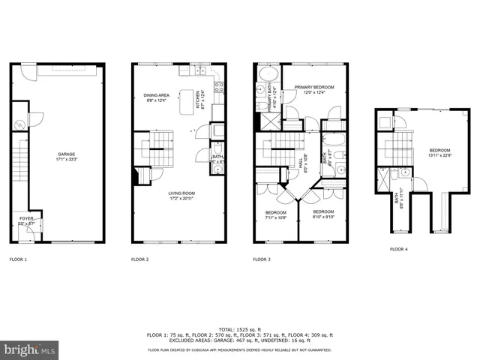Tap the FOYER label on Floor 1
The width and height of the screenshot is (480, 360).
[25, 221]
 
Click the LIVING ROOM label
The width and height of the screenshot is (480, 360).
[180, 196]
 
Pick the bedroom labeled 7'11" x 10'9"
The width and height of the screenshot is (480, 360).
[276, 214]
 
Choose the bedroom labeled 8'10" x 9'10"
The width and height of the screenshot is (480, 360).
[322, 214]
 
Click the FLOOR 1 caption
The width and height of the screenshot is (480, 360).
[18, 259]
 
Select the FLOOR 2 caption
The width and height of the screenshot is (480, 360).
[140, 259]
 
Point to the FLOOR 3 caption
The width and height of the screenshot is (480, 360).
[262, 259]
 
